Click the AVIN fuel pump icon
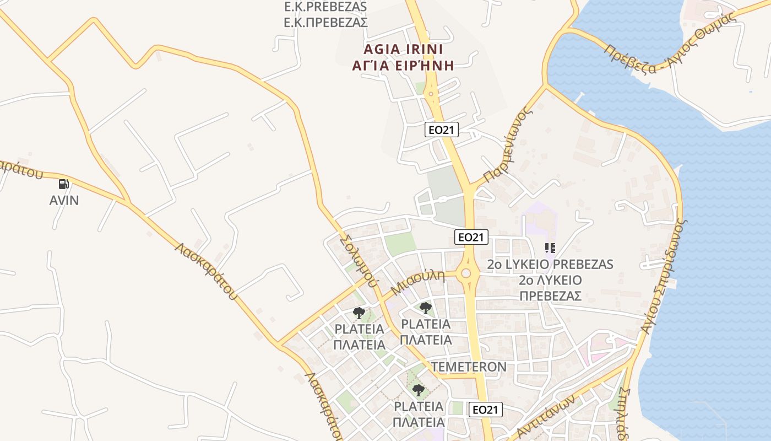pos(64,184)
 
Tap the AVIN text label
pos(64,200)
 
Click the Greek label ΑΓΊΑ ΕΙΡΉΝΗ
pos(403,66)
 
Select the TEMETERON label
pos(469,367)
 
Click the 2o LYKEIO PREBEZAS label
pos(550,265)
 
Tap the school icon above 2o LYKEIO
pos(550,248)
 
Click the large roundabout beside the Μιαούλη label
pos(467,273)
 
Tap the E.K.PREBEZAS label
pos(325,7)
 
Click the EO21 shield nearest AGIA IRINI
pos(442,130)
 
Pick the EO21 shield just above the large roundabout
pos(471,237)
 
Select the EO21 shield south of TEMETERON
pos(486,410)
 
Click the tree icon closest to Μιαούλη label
pos(425,308)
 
